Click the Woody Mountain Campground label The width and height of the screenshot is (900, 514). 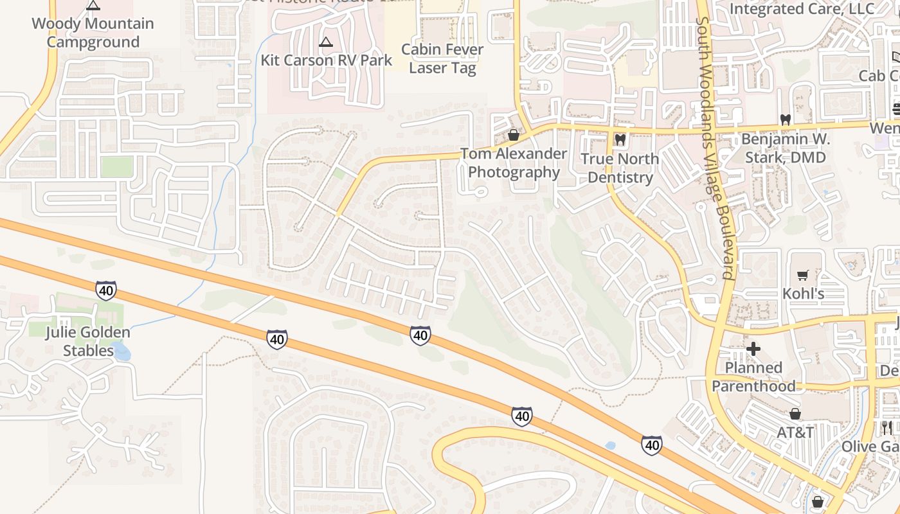(93, 33)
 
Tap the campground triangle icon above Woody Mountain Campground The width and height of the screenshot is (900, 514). (93, 6)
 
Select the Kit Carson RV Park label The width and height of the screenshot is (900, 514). (326, 60)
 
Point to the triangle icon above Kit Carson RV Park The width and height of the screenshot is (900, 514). (326, 42)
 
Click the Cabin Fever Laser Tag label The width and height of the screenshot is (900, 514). (442, 58)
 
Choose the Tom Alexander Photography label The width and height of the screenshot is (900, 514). (514, 163)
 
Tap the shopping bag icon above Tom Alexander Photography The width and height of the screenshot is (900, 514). (513, 135)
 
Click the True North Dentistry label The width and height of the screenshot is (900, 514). (620, 168)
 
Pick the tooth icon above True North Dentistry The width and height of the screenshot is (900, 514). (620, 139)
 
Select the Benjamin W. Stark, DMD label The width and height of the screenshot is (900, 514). (785, 148)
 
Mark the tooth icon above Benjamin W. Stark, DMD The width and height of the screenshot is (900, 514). (784, 120)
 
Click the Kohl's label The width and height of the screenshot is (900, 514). (803, 294)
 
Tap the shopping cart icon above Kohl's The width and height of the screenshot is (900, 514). (802, 276)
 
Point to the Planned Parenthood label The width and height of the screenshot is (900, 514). (753, 377)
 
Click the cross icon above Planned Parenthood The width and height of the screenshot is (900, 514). (753, 349)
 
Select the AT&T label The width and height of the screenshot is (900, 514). (795, 432)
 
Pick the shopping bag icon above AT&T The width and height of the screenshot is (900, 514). (795, 414)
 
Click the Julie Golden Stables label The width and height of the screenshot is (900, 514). (87, 341)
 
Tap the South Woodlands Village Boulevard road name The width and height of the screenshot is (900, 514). (715, 148)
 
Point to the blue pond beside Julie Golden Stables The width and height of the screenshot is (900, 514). (121, 351)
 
